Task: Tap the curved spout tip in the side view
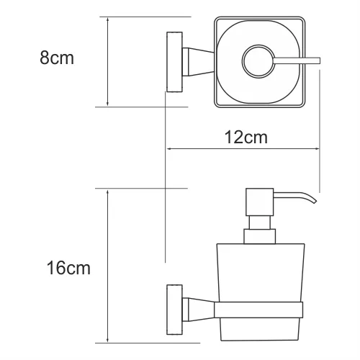(312, 201)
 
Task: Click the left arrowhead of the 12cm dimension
(171, 149)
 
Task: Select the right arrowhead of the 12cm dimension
(318, 149)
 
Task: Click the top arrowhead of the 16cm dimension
(108, 192)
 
